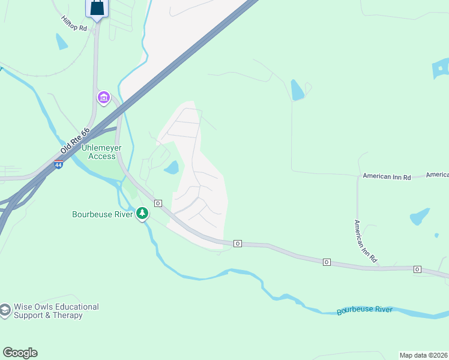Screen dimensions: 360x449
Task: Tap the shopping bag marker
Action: pos(96,9)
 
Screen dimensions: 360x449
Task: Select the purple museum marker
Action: pos(103,97)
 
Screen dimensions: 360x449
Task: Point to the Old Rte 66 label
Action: pos(75,140)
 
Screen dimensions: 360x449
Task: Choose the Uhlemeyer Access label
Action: pos(94,151)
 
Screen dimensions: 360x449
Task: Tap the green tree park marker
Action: pos(142,213)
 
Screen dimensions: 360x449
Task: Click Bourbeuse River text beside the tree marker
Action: pos(102,214)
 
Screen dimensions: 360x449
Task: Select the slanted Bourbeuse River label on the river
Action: pos(364,310)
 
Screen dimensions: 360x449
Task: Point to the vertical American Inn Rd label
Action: pos(365,241)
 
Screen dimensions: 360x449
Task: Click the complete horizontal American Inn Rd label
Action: pos(386,177)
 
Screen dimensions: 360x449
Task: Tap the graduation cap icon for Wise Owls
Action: pos(5,310)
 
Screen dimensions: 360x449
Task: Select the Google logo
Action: pos(20,353)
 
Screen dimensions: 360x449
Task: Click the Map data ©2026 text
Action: pos(423,355)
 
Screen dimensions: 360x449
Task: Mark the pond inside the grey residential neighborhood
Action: pos(172,167)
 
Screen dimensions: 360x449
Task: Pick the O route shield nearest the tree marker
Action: pos(158,203)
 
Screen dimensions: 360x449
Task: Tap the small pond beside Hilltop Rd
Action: pos(61,41)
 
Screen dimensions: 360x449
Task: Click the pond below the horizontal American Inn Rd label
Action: pos(420,216)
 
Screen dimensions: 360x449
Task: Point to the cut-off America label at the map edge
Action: pos(438,175)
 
